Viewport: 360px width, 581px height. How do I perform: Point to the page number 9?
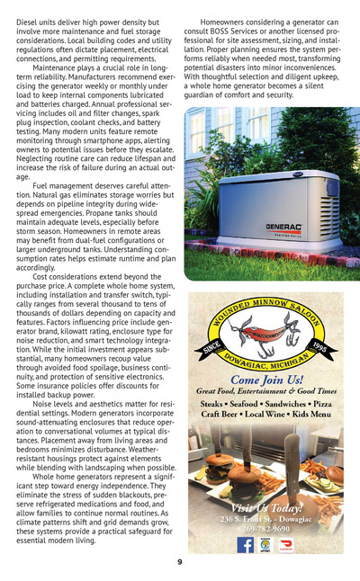coord(180,562)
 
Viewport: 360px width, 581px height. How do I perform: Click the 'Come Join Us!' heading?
coord(265,380)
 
